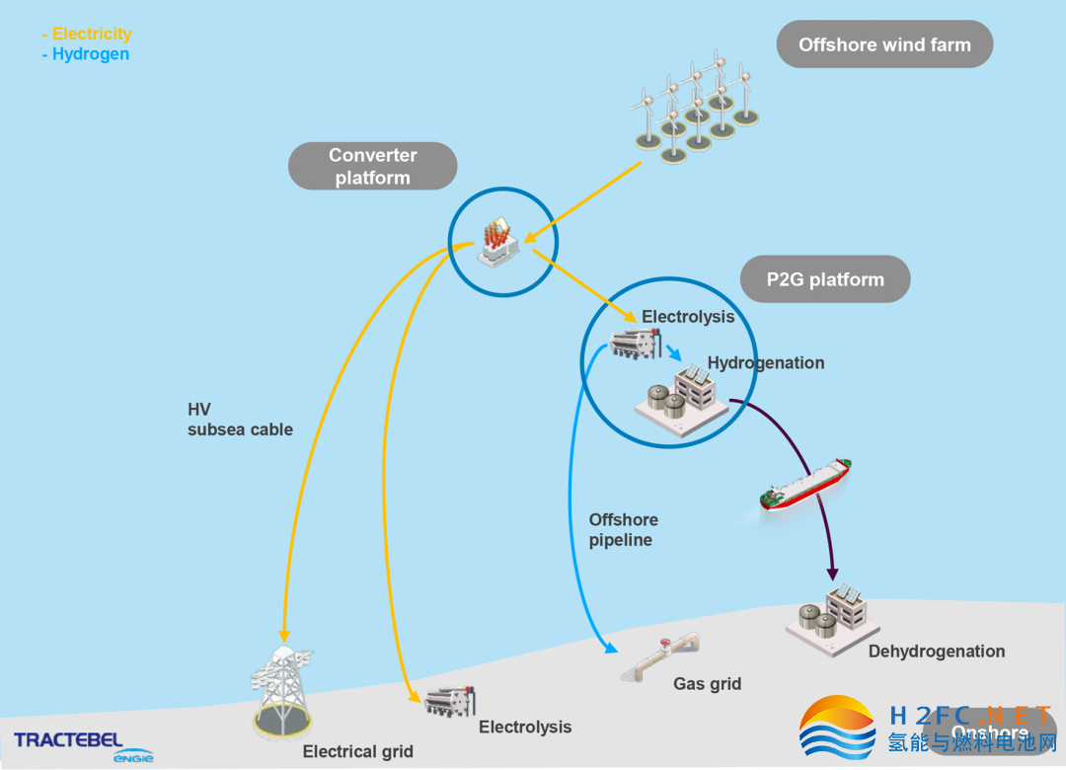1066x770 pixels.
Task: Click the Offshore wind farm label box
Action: tap(884, 44)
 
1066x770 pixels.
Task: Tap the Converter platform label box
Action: tap(372, 166)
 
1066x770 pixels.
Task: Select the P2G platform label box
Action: tap(824, 279)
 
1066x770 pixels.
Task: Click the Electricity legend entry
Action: tap(89, 34)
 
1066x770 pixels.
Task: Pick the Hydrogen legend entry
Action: tap(87, 54)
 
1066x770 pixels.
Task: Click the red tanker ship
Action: tap(805, 484)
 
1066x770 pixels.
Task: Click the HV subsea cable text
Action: tap(240, 420)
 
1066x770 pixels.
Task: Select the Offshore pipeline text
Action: tap(623, 530)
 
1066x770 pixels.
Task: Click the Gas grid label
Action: tap(707, 683)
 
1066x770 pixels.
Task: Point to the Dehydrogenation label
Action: tap(936, 652)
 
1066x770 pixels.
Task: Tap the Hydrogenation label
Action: tap(765, 362)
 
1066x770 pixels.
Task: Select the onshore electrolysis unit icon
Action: tap(450, 701)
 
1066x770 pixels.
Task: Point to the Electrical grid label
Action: tap(357, 751)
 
